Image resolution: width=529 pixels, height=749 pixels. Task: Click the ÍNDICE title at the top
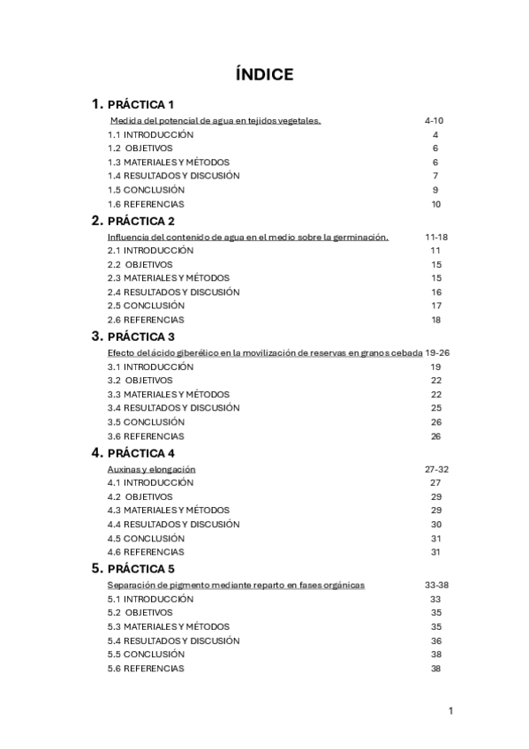pyautogui.click(x=264, y=75)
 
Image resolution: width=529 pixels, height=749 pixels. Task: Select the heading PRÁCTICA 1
pyautogui.click(x=140, y=105)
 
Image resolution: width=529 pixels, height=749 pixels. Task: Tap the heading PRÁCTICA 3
pyautogui.click(x=140, y=337)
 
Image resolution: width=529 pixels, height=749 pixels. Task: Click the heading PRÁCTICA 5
pyautogui.click(x=140, y=569)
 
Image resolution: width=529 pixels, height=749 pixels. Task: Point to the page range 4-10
pyautogui.click(x=434, y=120)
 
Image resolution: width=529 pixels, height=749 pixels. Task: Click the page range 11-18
pyautogui.click(x=436, y=237)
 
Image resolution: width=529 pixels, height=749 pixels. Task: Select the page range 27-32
pyautogui.click(x=436, y=469)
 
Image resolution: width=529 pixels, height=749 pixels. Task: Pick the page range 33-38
pyautogui.click(x=436, y=585)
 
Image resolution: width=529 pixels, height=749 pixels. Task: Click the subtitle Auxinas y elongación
pyautogui.click(x=151, y=469)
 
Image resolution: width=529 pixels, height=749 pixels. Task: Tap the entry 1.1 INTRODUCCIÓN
pyautogui.click(x=150, y=134)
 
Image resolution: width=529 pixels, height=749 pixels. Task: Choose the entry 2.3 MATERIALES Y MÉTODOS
pyautogui.click(x=168, y=278)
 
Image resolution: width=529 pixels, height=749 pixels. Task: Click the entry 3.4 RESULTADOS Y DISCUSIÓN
pyautogui.click(x=173, y=408)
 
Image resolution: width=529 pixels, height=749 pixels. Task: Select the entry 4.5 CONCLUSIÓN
pyautogui.click(x=146, y=538)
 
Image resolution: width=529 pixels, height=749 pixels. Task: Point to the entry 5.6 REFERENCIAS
pyautogui.click(x=146, y=669)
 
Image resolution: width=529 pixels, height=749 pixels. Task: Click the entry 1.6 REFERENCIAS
pyautogui.click(x=146, y=204)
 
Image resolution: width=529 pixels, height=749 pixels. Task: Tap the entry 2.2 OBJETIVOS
pyautogui.click(x=140, y=264)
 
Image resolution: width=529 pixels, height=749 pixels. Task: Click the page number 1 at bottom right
pyautogui.click(x=450, y=711)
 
